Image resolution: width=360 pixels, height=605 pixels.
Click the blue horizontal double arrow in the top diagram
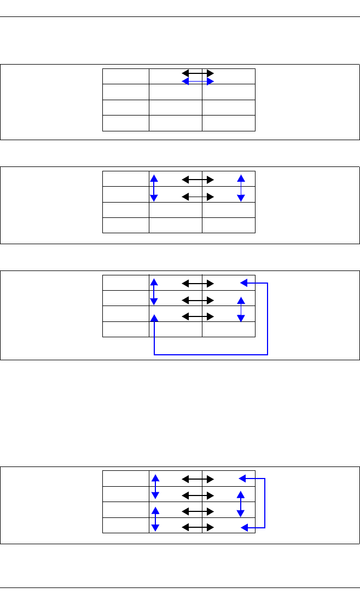[198, 81]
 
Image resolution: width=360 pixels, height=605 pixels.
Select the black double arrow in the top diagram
[198, 72]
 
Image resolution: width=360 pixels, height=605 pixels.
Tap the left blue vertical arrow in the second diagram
[154, 187]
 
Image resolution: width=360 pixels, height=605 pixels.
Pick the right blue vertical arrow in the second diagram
[240, 187]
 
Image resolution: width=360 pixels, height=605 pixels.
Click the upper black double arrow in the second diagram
[198, 178]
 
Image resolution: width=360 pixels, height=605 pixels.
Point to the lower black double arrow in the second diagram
[198, 196]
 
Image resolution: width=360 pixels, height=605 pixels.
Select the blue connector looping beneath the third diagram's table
[211, 355]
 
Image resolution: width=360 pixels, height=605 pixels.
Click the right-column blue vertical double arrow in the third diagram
[240, 309]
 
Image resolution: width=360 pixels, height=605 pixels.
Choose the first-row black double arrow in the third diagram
[198, 284]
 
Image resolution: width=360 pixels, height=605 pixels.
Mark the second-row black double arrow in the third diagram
[198, 300]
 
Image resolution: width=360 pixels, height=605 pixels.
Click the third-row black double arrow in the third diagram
[198, 316]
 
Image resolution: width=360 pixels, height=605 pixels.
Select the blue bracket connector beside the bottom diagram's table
[265, 503]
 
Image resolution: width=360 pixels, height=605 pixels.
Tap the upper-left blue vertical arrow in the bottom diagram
[155, 486]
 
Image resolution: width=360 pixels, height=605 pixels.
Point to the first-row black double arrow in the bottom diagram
[198, 479]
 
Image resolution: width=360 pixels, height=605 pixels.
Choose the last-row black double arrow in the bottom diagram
[198, 527]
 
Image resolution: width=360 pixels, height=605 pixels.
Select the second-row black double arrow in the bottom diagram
[198, 495]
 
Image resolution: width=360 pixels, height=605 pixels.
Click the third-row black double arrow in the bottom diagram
[198, 511]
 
